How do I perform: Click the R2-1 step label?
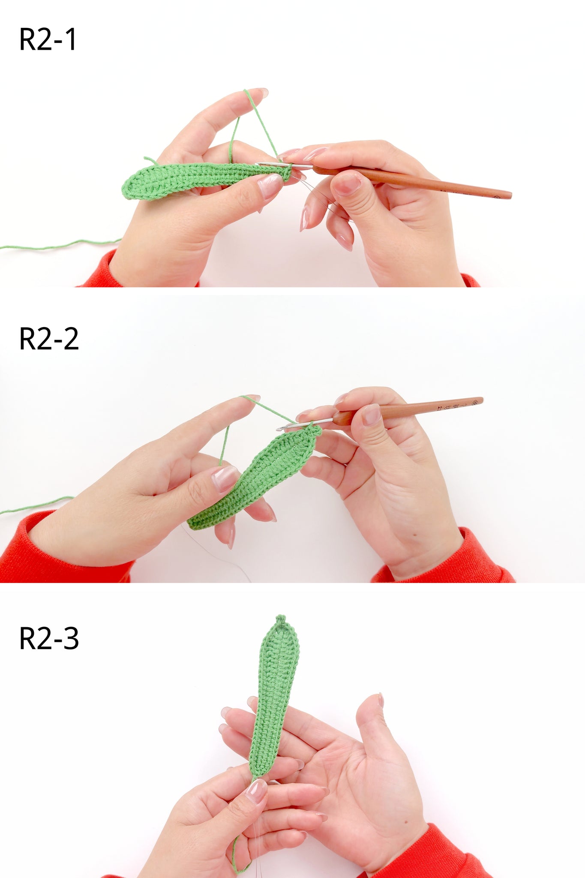[48, 39]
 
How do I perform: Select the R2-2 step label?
[49, 339]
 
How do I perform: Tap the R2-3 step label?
[49, 638]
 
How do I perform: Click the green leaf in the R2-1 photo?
[201, 179]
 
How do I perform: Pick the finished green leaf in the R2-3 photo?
[275, 695]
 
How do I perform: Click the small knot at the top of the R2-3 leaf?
[281, 620]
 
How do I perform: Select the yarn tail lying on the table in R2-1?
[60, 245]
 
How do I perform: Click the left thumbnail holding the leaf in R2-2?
[224, 478]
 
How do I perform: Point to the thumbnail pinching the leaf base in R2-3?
[256, 791]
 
